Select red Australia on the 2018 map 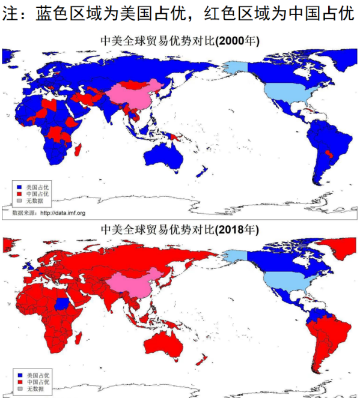162,342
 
